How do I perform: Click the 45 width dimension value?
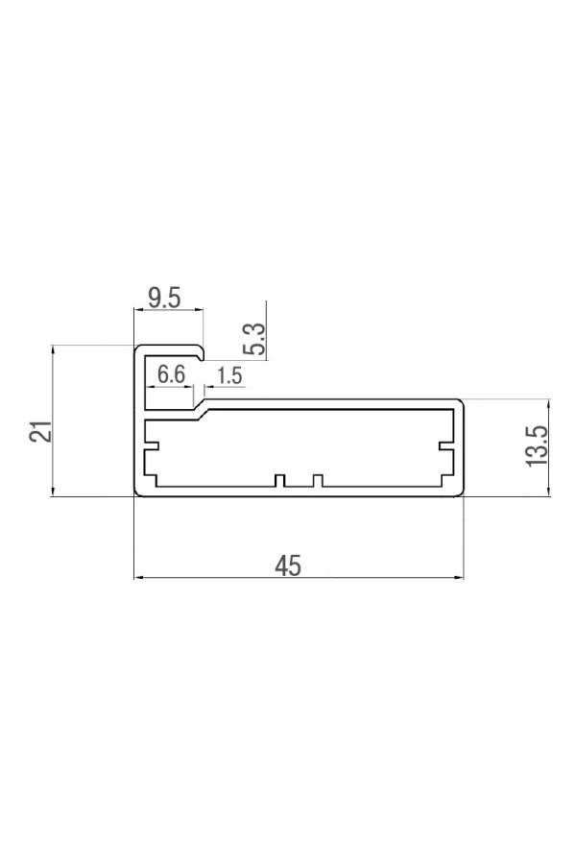point(288,565)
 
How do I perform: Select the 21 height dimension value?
point(41,430)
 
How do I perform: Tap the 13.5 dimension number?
point(537,445)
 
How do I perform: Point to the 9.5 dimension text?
point(164,299)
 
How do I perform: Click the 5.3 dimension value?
point(255,339)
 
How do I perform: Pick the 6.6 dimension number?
point(171,374)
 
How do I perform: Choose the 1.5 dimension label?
point(229,375)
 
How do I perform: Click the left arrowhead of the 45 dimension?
point(138,578)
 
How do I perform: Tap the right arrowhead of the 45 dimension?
point(459,578)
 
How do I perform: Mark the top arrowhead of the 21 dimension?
point(53,349)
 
